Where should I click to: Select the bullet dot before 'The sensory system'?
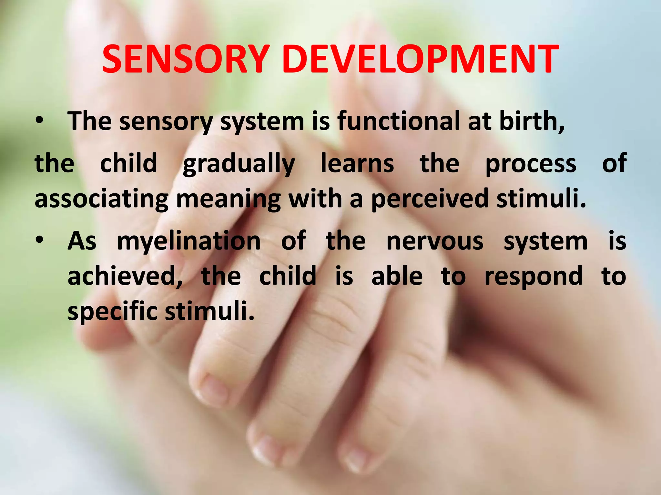point(39,121)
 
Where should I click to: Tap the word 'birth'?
point(529,121)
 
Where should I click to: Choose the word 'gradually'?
point(239,164)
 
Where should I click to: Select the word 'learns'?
point(357,163)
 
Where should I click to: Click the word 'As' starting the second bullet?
point(82,241)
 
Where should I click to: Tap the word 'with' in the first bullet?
point(315,199)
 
